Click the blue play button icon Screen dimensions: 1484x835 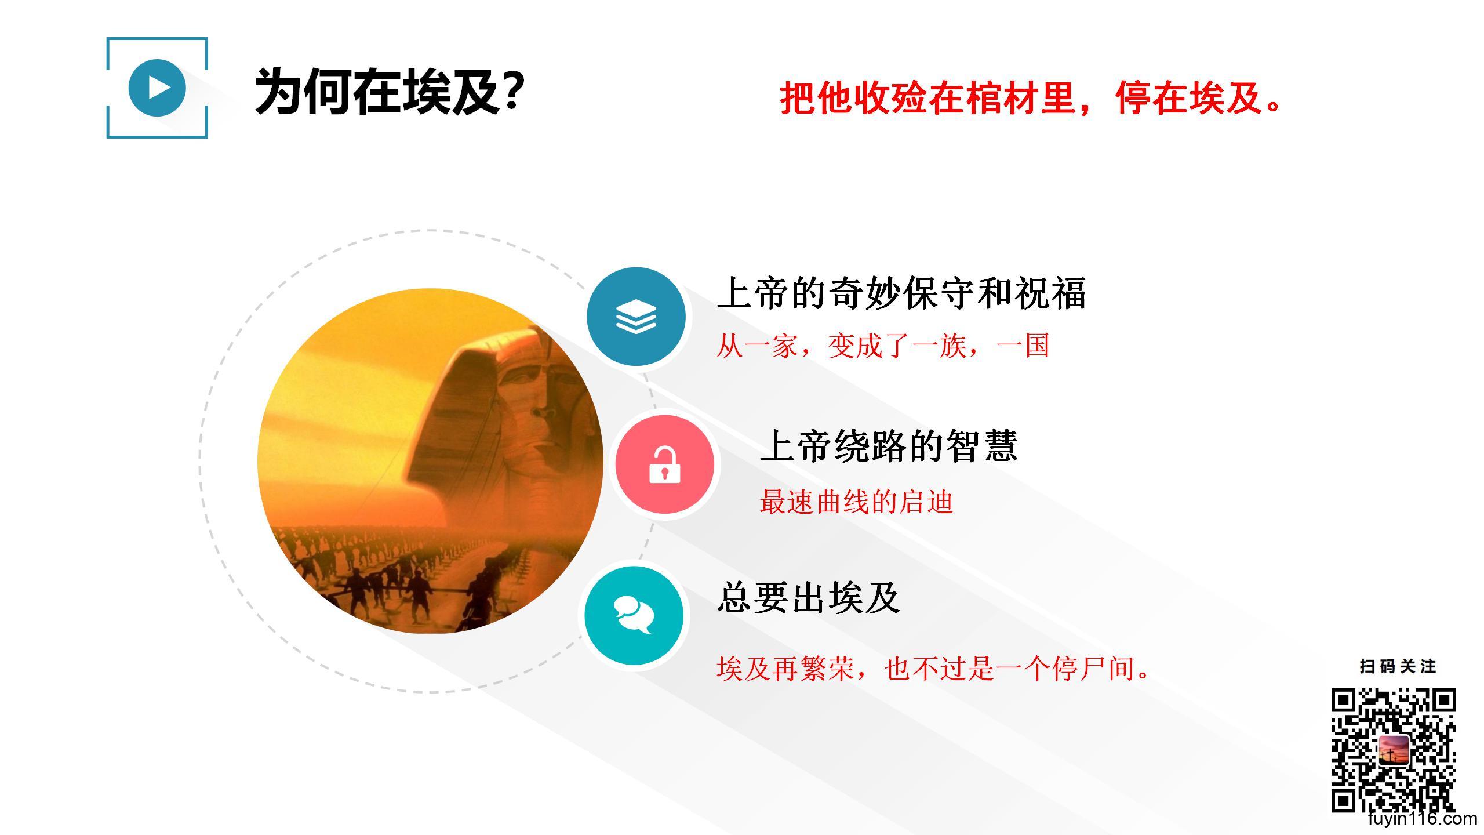pyautogui.click(x=157, y=88)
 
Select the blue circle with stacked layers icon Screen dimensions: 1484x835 pyautogui.click(x=636, y=317)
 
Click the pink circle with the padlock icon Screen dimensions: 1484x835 pyautogui.click(x=665, y=464)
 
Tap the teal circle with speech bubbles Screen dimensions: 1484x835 pyautogui.click(x=634, y=616)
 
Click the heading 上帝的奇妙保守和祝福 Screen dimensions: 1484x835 pyautogui.click(x=901, y=293)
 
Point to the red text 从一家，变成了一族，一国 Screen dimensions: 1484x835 pyautogui.click(x=883, y=346)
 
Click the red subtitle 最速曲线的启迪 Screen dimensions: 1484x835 pyautogui.click(x=856, y=502)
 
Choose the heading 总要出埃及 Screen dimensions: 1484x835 pyautogui.click(x=809, y=597)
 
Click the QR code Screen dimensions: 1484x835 pyautogui.click(x=1394, y=750)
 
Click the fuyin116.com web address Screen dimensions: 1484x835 pyautogui.click(x=1422, y=819)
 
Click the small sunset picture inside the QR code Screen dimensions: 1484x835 pyautogui.click(x=1394, y=750)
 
